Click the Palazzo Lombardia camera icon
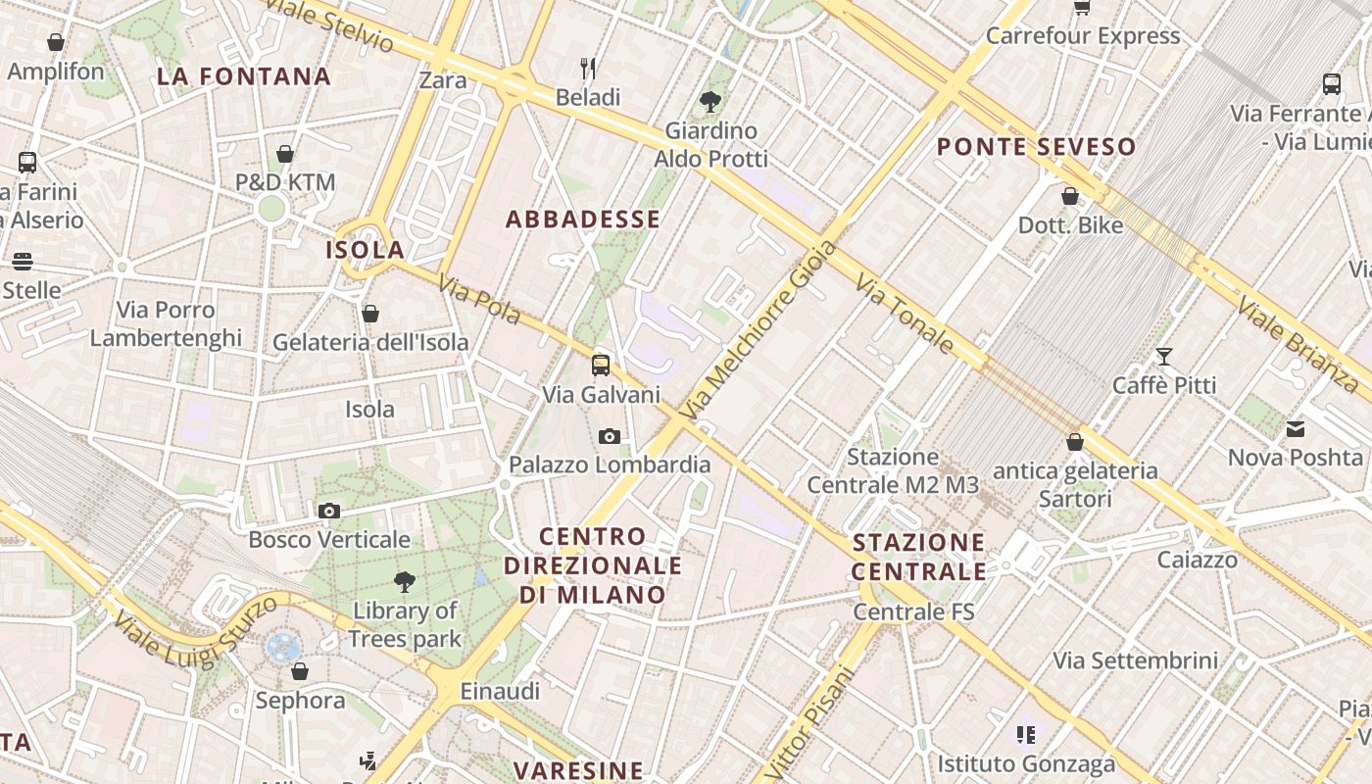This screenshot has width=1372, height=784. click(x=609, y=436)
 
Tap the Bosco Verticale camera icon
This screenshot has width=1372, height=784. click(x=329, y=511)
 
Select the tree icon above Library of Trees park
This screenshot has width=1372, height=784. click(x=404, y=582)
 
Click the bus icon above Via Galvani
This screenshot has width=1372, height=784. click(x=601, y=366)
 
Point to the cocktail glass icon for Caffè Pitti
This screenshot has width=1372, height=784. click(x=1164, y=357)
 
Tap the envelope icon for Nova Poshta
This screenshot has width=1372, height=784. click(x=1296, y=428)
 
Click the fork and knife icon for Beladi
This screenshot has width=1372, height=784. click(x=588, y=69)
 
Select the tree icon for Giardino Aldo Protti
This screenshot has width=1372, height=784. click(x=710, y=101)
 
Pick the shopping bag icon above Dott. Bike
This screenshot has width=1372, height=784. click(x=1070, y=196)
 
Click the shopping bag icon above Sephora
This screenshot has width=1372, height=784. click(x=300, y=671)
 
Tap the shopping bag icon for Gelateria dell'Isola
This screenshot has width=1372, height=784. click(x=370, y=314)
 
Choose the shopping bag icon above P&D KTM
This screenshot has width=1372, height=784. click(x=285, y=154)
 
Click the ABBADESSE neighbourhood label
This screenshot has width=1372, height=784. click(x=583, y=220)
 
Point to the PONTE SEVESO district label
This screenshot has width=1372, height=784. click(x=1037, y=147)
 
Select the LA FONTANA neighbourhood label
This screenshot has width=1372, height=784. click(x=244, y=76)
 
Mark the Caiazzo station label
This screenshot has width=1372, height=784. click(x=1197, y=561)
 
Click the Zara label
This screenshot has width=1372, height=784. click(x=443, y=80)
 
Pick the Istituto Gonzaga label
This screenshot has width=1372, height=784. click(x=1026, y=764)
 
